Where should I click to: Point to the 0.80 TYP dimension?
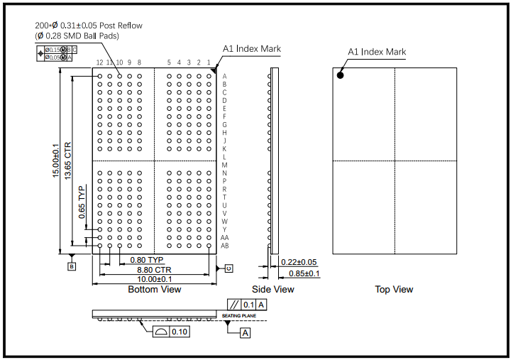147,259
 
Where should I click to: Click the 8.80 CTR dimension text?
154,270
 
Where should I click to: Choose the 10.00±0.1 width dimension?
155,279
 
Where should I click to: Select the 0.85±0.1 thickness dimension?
303,273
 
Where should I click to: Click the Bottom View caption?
154,290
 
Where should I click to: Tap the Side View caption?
272,290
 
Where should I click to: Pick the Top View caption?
394,290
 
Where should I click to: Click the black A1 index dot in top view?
341,74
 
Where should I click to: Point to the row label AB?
225,246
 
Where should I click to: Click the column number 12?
99,62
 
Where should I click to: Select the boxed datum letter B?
71,266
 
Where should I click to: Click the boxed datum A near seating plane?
246,332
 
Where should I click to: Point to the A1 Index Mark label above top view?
376,52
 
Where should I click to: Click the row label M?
224,165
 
